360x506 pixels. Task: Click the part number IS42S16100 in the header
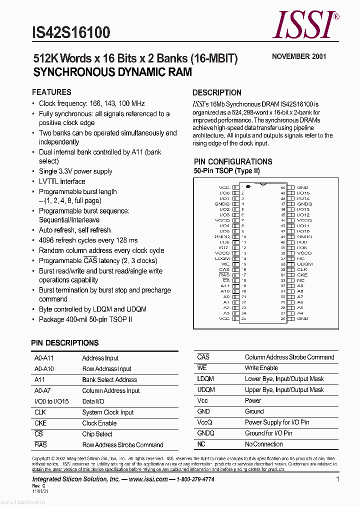(x=70, y=32)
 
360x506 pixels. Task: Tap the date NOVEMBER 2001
(x=299, y=56)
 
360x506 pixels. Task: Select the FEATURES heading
(x=51, y=92)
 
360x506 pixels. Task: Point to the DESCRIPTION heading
(x=216, y=92)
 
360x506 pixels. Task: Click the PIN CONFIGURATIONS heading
(x=233, y=161)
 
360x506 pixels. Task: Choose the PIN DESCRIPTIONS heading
(x=65, y=343)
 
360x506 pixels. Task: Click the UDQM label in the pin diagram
(x=304, y=264)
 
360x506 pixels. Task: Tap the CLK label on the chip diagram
(x=302, y=269)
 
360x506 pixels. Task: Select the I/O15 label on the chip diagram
(x=303, y=192)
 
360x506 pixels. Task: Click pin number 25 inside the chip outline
(x=243, y=318)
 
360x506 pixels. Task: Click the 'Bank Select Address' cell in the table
(x=109, y=379)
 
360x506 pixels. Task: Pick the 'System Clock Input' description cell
(x=108, y=412)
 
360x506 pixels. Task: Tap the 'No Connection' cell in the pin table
(x=263, y=444)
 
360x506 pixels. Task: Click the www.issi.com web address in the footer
(x=148, y=479)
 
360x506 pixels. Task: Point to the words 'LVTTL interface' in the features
(x=62, y=181)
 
